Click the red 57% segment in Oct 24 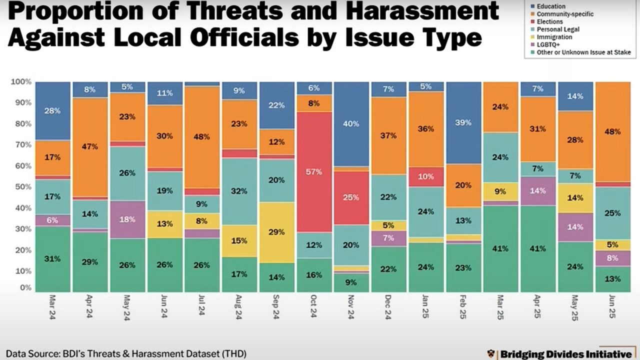[x=314, y=172]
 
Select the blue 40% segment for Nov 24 [x=351, y=124]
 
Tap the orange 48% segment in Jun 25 [x=612, y=131]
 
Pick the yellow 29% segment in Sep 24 [x=277, y=232]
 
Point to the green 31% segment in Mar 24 [x=53, y=259]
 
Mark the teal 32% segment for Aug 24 [x=239, y=191]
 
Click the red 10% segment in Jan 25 [x=426, y=176]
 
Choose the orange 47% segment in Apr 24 [x=90, y=147]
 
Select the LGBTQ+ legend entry [x=548, y=44]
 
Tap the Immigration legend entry [x=554, y=37]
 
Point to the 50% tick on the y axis [x=24, y=186]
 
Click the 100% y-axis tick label [x=22, y=81]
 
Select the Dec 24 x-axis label [x=389, y=306]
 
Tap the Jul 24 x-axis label [x=202, y=306]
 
